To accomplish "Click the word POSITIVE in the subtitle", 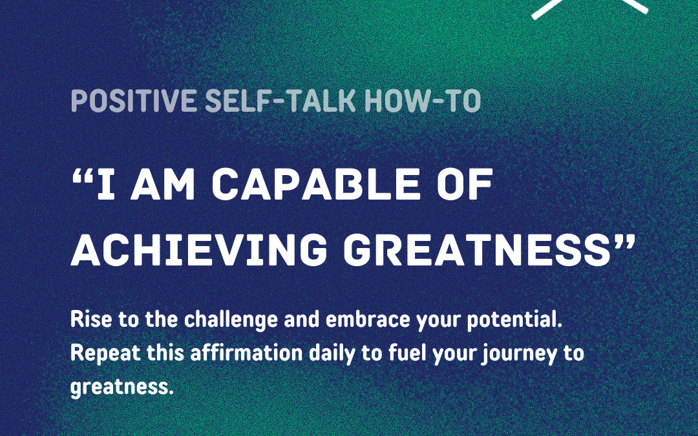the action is pos(134,101).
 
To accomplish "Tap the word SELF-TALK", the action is pos(280,101).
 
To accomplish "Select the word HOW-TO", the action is pos(423,101).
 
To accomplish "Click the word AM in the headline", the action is pos(163,183).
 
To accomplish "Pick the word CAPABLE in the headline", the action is pos(315,183).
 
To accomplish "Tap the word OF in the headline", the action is pos(465,183).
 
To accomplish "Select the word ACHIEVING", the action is pos(199,250).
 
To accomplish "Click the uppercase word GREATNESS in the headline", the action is pos(477,250).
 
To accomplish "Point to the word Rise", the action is pos(91,320).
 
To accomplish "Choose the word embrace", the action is pos(368,320).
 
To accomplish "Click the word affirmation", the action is pos(247,353).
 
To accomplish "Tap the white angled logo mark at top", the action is pos(590,8).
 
